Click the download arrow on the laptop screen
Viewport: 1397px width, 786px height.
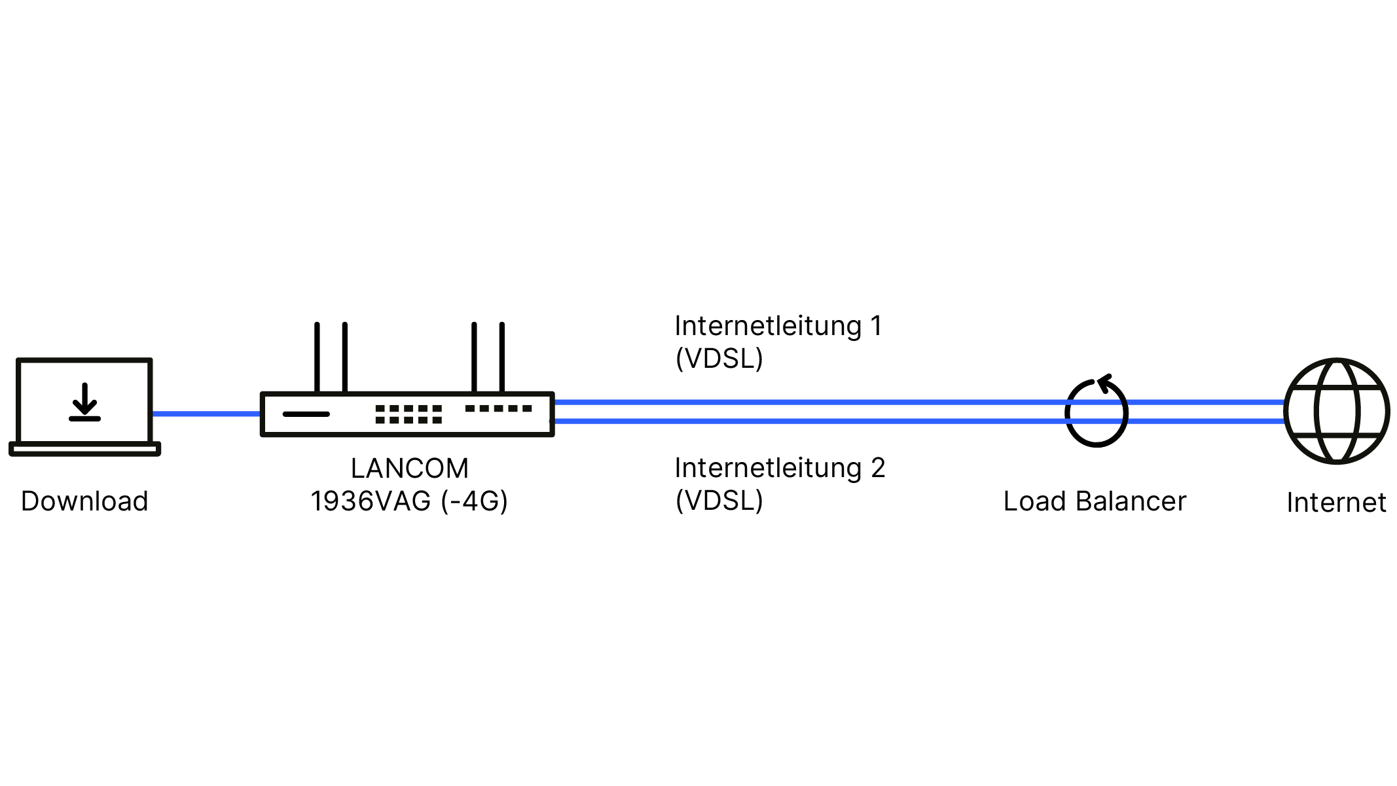[x=84, y=402]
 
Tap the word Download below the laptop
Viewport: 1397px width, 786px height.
[x=84, y=501]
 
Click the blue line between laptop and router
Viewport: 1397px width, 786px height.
[x=206, y=414]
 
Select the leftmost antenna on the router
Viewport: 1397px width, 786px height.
[x=317, y=357]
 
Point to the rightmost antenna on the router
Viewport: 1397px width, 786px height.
[x=502, y=357]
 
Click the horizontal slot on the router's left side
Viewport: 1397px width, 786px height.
[x=306, y=414]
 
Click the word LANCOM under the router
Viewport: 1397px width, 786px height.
[x=410, y=469]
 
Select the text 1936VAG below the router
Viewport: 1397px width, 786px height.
[x=371, y=501]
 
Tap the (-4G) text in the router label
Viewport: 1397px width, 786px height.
[x=475, y=501]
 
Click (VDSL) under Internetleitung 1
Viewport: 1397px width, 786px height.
[x=719, y=359]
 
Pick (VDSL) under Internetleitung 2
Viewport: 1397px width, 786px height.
[x=719, y=501]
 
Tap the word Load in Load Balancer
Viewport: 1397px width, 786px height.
[x=1034, y=501]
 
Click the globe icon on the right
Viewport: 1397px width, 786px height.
[x=1337, y=411]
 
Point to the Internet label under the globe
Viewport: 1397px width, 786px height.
[x=1336, y=503]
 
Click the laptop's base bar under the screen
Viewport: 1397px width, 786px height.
[x=84, y=449]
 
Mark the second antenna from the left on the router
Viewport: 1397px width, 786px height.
[x=345, y=357]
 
